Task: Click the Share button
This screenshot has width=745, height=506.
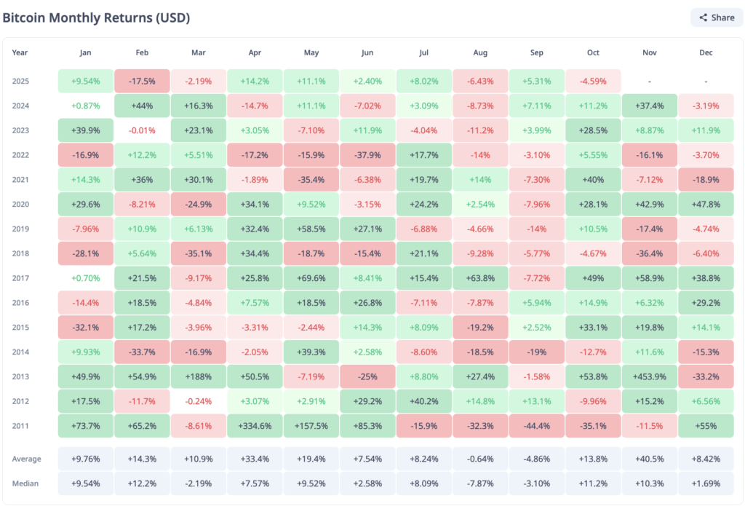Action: pos(717,17)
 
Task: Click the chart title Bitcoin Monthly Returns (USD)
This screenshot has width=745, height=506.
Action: pos(102,17)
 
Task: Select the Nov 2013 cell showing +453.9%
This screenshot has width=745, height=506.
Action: pos(650,376)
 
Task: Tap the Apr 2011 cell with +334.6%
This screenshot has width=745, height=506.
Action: pos(254,427)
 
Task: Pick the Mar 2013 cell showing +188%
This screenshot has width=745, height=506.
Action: pos(198,376)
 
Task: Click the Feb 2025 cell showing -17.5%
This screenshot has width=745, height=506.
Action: pos(142,81)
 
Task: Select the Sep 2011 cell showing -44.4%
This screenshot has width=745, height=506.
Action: pos(537,427)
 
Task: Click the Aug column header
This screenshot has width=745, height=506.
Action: pos(480,53)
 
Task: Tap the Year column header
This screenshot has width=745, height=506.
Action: pos(20,53)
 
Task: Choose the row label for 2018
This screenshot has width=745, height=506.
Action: pos(21,253)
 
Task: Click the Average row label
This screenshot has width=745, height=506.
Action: pos(27,459)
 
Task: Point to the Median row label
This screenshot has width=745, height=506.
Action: pos(26,483)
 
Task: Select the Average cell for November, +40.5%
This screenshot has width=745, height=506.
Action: pos(650,459)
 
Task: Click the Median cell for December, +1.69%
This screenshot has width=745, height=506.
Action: pos(706,483)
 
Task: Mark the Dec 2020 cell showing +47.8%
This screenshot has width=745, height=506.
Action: pos(706,204)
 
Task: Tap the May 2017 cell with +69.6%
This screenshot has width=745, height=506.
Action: pos(311,278)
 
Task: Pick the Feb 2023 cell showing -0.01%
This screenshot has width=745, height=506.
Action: pos(142,130)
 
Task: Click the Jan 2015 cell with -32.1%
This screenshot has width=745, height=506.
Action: pos(86,327)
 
